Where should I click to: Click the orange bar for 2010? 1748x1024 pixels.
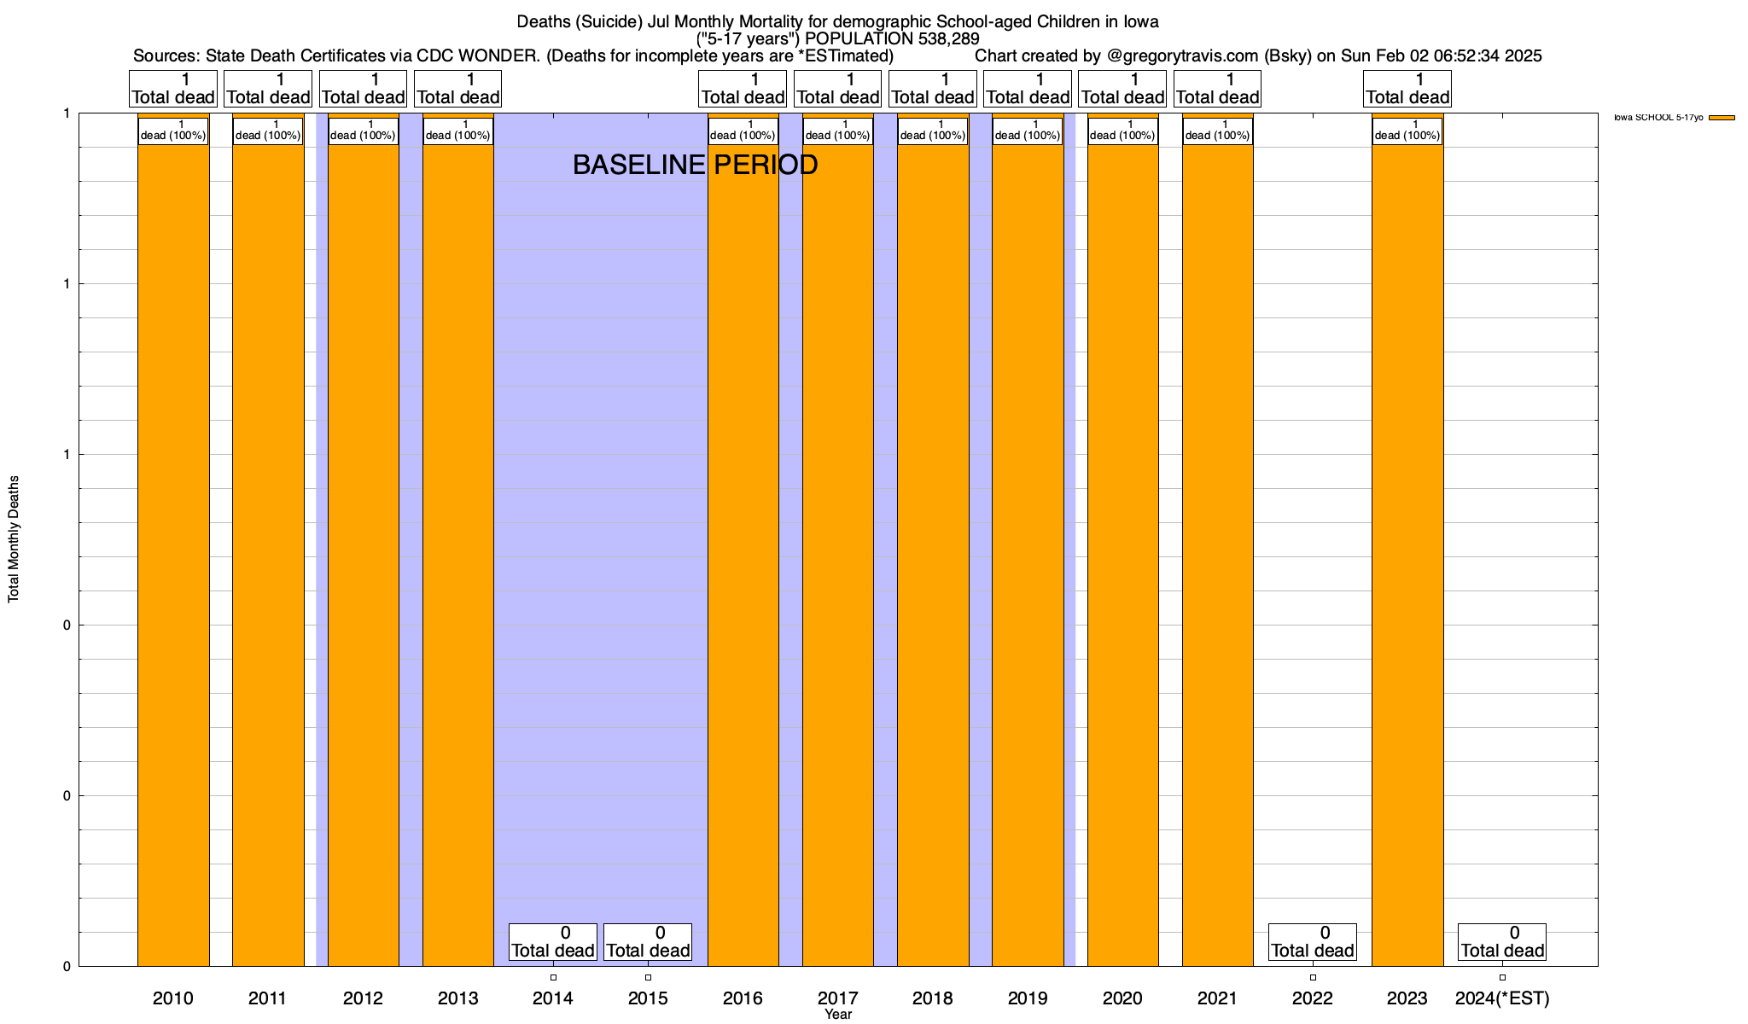point(173,546)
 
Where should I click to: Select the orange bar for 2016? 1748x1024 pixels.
point(743,546)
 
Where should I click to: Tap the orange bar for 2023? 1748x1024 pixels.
point(1407,546)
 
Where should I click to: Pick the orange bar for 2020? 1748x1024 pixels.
point(1122,546)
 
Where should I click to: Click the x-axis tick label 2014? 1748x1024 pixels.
point(553,998)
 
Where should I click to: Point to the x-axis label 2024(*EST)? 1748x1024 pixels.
point(1502,998)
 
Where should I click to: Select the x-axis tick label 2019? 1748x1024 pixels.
point(1028,998)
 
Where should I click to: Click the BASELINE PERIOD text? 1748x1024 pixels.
point(695,165)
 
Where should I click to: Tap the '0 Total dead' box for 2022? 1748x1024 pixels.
point(1312,942)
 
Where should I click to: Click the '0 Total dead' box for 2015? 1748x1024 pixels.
point(648,942)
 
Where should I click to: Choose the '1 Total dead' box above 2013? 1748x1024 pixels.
point(457,89)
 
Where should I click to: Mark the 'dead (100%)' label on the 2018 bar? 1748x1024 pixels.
point(933,131)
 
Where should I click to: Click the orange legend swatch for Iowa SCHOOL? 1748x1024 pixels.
point(1722,118)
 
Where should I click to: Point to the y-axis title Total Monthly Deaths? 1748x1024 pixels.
point(14,539)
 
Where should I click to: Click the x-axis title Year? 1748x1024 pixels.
point(838,1014)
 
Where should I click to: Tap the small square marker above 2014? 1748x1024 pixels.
point(553,977)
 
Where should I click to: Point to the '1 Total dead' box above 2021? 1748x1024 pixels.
point(1217,89)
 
